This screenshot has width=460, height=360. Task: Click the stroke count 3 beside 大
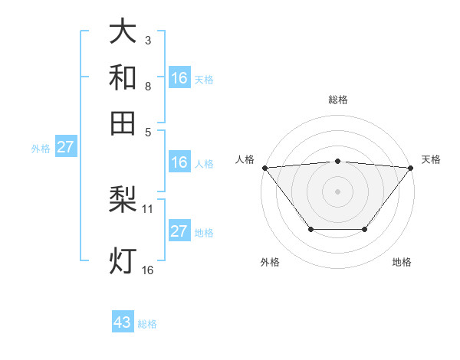(148, 40)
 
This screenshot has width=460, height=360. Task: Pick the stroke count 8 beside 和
(148, 85)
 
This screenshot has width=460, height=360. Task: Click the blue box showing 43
(123, 322)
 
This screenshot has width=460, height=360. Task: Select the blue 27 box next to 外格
(65, 147)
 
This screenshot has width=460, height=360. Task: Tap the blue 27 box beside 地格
(179, 231)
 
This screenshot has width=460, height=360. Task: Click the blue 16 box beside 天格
(179, 77)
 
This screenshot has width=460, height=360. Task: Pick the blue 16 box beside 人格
(179, 162)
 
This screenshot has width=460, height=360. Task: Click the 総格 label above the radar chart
(337, 100)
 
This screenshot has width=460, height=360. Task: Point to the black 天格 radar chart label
(431, 159)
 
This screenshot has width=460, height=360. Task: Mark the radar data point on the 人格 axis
(264, 167)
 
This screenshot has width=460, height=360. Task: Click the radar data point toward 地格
(365, 229)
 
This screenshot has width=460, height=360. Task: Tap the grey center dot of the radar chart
(337, 191)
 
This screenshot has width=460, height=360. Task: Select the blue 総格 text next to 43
(147, 324)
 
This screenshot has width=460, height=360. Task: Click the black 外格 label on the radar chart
(270, 262)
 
